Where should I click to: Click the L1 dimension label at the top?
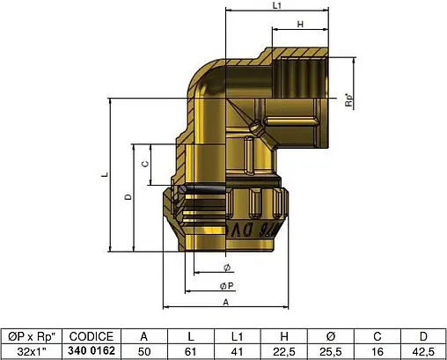coord(277,5)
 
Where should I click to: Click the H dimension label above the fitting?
coord(300,25)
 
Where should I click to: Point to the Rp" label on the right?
coord(349,100)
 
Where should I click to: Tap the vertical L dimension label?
coord(105,175)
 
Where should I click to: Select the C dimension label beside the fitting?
coord(145,164)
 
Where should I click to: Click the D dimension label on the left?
coord(128,197)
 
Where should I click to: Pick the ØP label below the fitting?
coord(227,286)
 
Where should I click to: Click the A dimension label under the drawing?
coord(225,302)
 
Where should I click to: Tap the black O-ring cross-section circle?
coord(182,190)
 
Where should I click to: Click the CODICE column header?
coord(92,336)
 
